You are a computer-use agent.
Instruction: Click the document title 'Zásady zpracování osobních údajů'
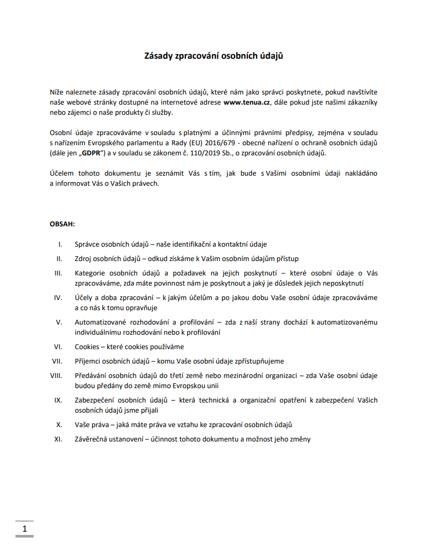[x=213, y=56]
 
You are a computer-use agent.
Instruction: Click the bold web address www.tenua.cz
[x=247, y=102]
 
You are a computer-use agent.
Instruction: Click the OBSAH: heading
[x=62, y=224]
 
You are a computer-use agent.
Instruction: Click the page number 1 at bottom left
[x=25, y=529]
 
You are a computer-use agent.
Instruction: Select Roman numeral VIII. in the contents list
[x=56, y=375]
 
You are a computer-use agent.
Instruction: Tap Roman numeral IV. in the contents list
[x=58, y=297]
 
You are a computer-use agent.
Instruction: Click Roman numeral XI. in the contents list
[x=59, y=439]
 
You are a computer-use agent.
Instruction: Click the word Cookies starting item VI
[x=87, y=346]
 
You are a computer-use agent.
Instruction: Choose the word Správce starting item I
[x=87, y=244]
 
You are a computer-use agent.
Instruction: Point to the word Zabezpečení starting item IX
[x=96, y=400]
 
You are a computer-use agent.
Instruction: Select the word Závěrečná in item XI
[x=92, y=439]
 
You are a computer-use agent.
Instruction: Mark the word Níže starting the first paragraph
[x=58, y=92]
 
